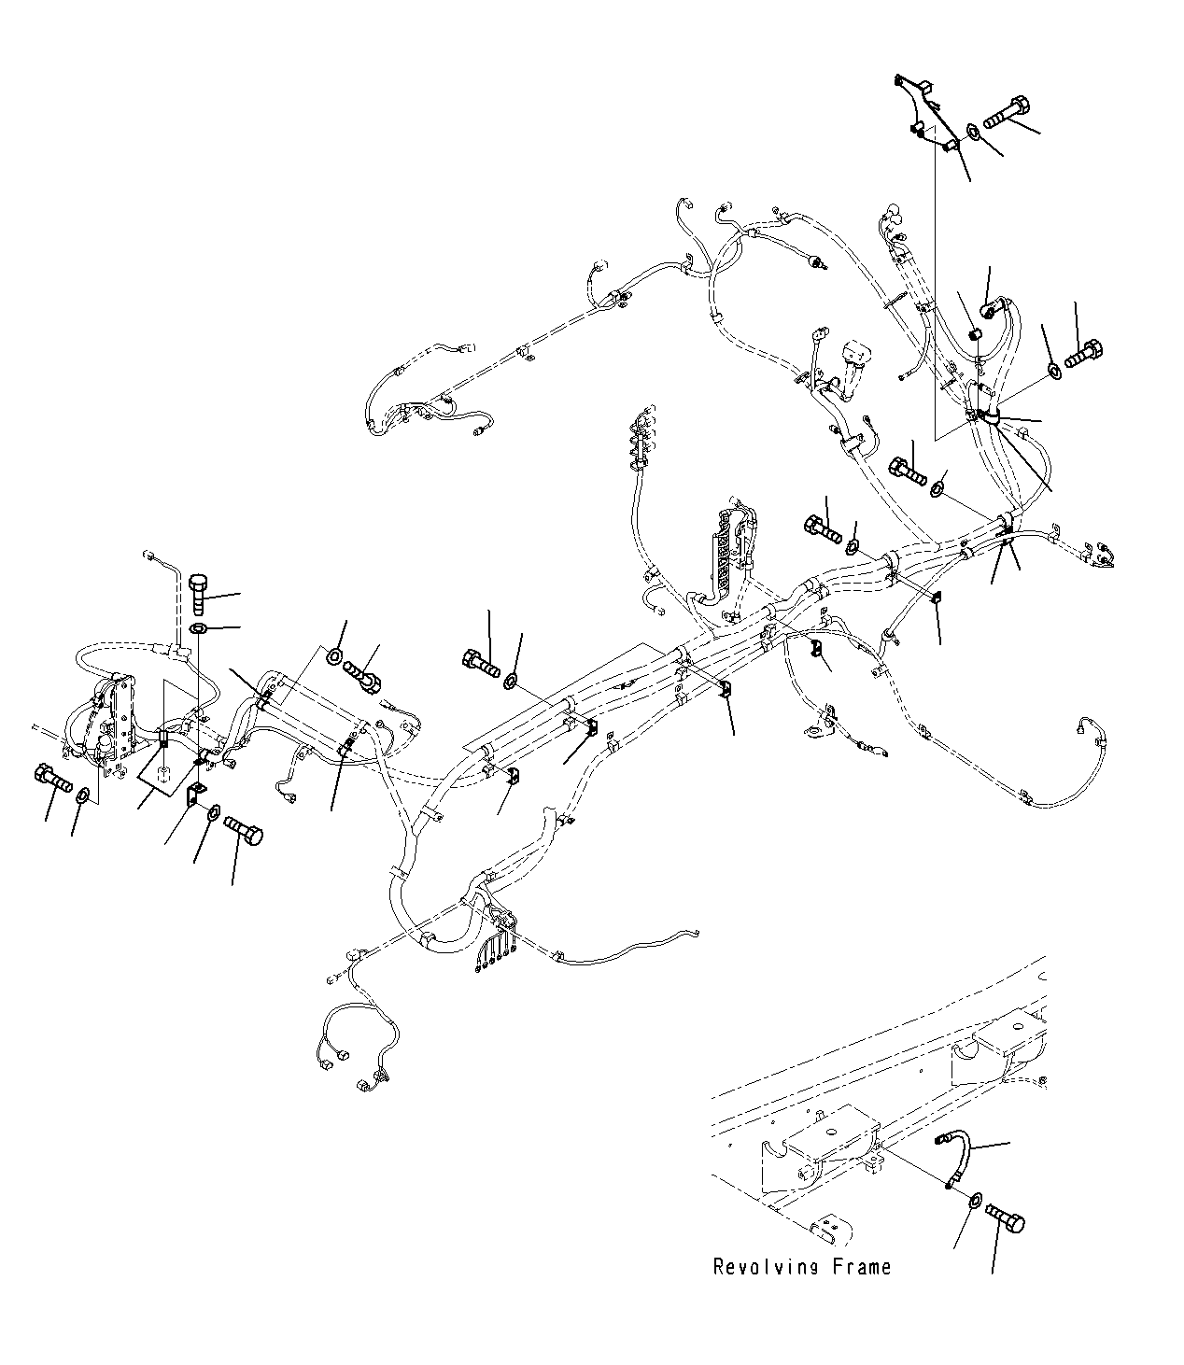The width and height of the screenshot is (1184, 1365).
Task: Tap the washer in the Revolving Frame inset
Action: (x=974, y=1201)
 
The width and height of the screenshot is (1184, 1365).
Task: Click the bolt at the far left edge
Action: (x=53, y=777)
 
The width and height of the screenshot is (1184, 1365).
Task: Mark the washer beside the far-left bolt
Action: (x=83, y=795)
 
